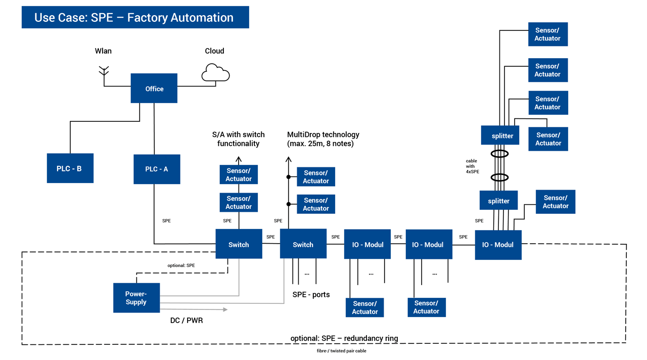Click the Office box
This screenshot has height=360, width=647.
pos(154,88)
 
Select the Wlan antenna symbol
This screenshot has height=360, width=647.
pos(104,71)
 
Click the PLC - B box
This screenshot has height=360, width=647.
pos(70,168)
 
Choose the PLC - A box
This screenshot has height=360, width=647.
pos(157,169)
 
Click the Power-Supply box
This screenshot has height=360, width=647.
pos(136,298)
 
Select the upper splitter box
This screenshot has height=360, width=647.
pos(502,136)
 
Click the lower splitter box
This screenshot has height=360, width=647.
pos(498,201)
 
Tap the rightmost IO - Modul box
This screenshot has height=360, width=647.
pos(498,245)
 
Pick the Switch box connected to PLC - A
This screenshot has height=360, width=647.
pos(239,244)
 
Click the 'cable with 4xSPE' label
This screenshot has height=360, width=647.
pos(472,166)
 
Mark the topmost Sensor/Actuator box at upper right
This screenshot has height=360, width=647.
pos(547,34)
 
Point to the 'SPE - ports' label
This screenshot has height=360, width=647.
pos(311,294)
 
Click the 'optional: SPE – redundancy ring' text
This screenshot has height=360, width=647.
pos(344,338)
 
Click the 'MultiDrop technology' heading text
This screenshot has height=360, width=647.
pos(323,134)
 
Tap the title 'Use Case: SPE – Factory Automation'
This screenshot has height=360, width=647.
pos(134,17)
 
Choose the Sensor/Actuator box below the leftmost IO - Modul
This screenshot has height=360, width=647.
pos(364,307)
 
